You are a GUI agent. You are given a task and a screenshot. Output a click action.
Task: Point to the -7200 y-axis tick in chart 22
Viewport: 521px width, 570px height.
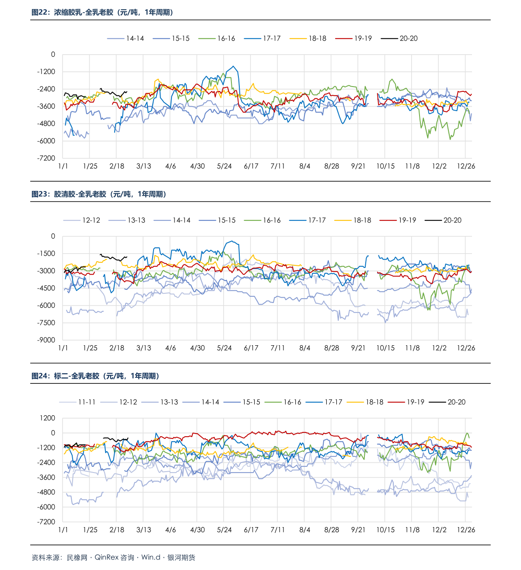click(x=46, y=158)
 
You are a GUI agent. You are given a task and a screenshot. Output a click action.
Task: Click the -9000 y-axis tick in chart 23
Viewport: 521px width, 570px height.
click(x=46, y=340)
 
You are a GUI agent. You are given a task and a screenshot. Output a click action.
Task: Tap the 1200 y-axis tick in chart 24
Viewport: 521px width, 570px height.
click(x=47, y=418)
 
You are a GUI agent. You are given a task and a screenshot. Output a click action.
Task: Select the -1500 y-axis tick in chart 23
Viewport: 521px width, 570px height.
click(x=46, y=254)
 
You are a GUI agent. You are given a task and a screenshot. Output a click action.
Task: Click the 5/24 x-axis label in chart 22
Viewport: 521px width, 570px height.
click(x=224, y=167)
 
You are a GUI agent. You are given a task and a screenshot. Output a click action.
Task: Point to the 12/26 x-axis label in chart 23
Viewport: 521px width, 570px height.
click(x=466, y=348)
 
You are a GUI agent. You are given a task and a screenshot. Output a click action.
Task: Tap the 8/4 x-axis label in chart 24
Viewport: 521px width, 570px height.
click(x=304, y=530)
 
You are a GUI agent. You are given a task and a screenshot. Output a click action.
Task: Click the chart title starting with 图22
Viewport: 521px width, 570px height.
click(x=102, y=13)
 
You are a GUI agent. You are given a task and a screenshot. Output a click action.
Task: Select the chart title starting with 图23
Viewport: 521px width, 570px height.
click(x=99, y=194)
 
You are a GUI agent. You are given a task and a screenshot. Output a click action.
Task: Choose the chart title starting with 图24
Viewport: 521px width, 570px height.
click(x=95, y=376)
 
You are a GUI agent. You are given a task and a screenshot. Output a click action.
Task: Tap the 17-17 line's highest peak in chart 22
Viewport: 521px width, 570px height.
click(x=234, y=66)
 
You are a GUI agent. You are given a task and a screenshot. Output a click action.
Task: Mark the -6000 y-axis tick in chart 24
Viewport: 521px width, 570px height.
click(x=46, y=507)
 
